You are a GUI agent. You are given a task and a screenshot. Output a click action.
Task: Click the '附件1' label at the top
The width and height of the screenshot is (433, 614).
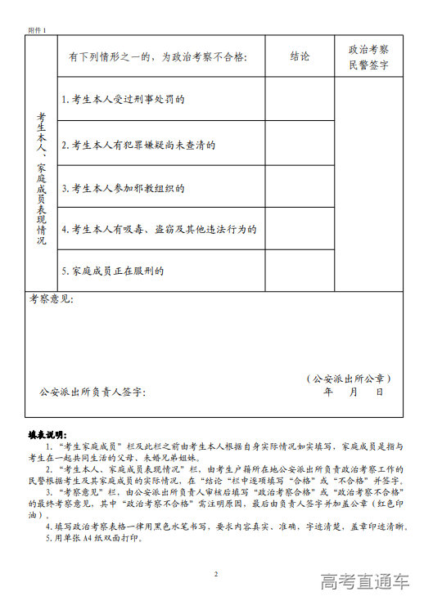pyautogui.click(x=38, y=30)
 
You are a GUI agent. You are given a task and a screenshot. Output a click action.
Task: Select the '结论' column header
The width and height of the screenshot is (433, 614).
pyautogui.click(x=300, y=56)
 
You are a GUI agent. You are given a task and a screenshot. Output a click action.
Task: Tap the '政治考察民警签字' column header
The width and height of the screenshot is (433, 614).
pyautogui.click(x=368, y=56)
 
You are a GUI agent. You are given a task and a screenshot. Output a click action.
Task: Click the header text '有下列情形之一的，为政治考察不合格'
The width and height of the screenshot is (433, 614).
pyautogui.click(x=157, y=57)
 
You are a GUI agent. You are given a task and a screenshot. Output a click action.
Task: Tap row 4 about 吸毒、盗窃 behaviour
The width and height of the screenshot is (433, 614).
pyautogui.click(x=160, y=230)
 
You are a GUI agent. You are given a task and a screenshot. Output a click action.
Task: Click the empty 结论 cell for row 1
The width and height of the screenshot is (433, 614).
pyautogui.click(x=300, y=99)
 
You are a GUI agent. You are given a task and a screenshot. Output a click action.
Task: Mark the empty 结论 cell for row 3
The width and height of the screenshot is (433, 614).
pyautogui.click(x=300, y=186)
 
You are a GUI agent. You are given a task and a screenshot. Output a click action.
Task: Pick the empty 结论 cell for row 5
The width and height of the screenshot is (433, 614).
pyautogui.click(x=300, y=271)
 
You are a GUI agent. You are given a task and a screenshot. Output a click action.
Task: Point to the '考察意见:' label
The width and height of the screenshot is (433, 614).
pyautogui.click(x=52, y=299)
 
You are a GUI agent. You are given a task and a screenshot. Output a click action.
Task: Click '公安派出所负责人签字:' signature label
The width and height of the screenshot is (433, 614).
pyautogui.click(x=92, y=392)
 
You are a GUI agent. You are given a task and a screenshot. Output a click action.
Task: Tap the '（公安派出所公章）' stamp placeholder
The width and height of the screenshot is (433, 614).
pyautogui.click(x=349, y=379)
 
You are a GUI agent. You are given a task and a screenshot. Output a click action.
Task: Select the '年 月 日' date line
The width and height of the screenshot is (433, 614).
pyautogui.click(x=354, y=392)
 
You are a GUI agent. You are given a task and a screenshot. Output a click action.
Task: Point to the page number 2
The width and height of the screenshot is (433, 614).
pyautogui.click(x=216, y=574)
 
